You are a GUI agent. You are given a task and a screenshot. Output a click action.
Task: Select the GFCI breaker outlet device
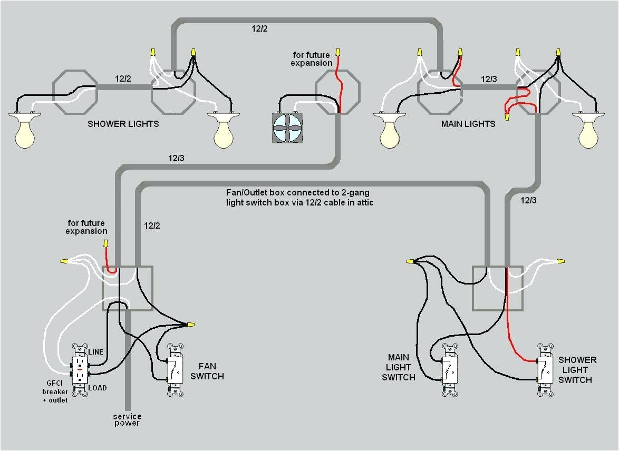pyautogui.click(x=80, y=370)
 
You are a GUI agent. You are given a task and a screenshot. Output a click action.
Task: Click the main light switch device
pyautogui.click(x=449, y=370)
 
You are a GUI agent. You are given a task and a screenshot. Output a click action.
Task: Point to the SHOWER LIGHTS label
pyautogui.click(x=123, y=124)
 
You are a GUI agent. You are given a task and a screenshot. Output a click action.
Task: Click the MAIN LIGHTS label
pyautogui.click(x=468, y=124)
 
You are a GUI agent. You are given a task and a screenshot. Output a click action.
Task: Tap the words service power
pyautogui.click(x=127, y=420)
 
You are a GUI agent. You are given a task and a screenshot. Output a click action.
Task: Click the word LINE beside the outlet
pyautogui.click(x=95, y=352)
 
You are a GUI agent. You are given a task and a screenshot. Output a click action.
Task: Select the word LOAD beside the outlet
pyautogui.click(x=97, y=388)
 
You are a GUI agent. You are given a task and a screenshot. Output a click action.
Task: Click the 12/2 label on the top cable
pyautogui.click(x=259, y=29)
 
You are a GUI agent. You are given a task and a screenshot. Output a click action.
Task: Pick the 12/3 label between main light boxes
pyautogui.click(x=488, y=79)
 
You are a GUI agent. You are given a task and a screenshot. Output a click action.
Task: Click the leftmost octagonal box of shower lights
pyautogui.click(x=75, y=93)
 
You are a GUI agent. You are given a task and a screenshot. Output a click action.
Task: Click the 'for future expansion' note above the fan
pyautogui.click(x=312, y=59)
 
